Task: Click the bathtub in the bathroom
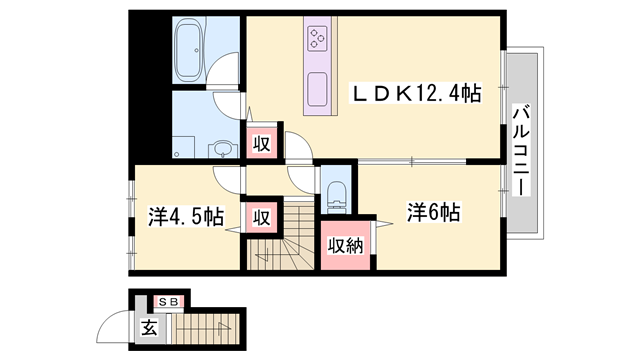pyautogui.click(x=190, y=52)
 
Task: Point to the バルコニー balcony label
pyautogui.click(x=521, y=149)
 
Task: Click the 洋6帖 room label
pyautogui.click(x=433, y=213)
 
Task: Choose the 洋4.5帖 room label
pyautogui.click(x=186, y=217)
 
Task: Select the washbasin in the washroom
pyautogui.click(x=222, y=151)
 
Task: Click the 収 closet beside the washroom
pyautogui.click(x=262, y=142)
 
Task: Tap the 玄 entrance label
pyautogui.click(x=148, y=327)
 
